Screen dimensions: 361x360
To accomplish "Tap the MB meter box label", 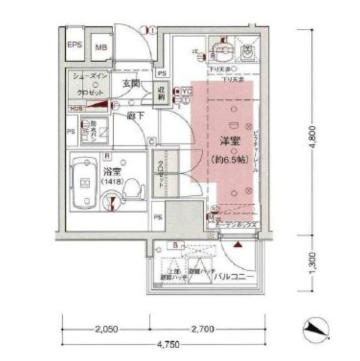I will click(x=101, y=48).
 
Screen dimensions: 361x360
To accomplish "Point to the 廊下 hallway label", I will click(x=134, y=116).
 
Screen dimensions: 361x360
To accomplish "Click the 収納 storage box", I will click(x=162, y=93).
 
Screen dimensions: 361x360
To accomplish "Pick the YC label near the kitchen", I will click(x=186, y=92).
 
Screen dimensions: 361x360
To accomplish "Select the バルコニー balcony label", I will click(x=237, y=277).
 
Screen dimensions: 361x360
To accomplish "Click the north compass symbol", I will click(x=317, y=329).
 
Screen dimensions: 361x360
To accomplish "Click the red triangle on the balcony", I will click(x=238, y=245).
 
